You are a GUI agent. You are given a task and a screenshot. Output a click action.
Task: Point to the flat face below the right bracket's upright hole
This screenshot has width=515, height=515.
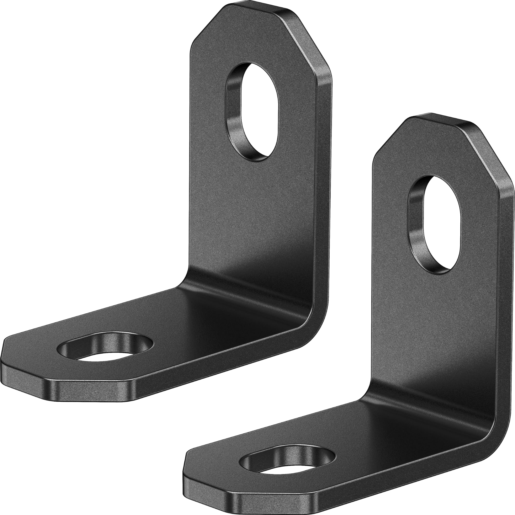432,320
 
